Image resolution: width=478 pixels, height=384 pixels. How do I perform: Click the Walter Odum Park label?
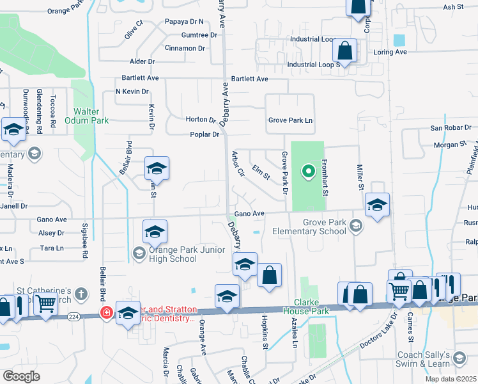87,115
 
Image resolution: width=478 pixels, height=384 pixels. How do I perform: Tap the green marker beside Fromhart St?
308,171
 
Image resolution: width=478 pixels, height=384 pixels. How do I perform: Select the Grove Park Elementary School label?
307,227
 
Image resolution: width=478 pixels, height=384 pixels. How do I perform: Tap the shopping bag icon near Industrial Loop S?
345,53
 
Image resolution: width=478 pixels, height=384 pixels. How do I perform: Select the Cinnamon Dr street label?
184,48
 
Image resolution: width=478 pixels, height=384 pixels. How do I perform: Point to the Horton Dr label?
201,120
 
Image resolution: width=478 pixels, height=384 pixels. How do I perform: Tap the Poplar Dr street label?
204,134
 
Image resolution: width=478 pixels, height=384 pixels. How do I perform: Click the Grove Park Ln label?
290,120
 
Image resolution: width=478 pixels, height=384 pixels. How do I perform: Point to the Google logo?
22,376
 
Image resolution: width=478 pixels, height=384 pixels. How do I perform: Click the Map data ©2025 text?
450,379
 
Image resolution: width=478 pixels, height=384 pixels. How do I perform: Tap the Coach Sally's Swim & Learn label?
439,359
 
